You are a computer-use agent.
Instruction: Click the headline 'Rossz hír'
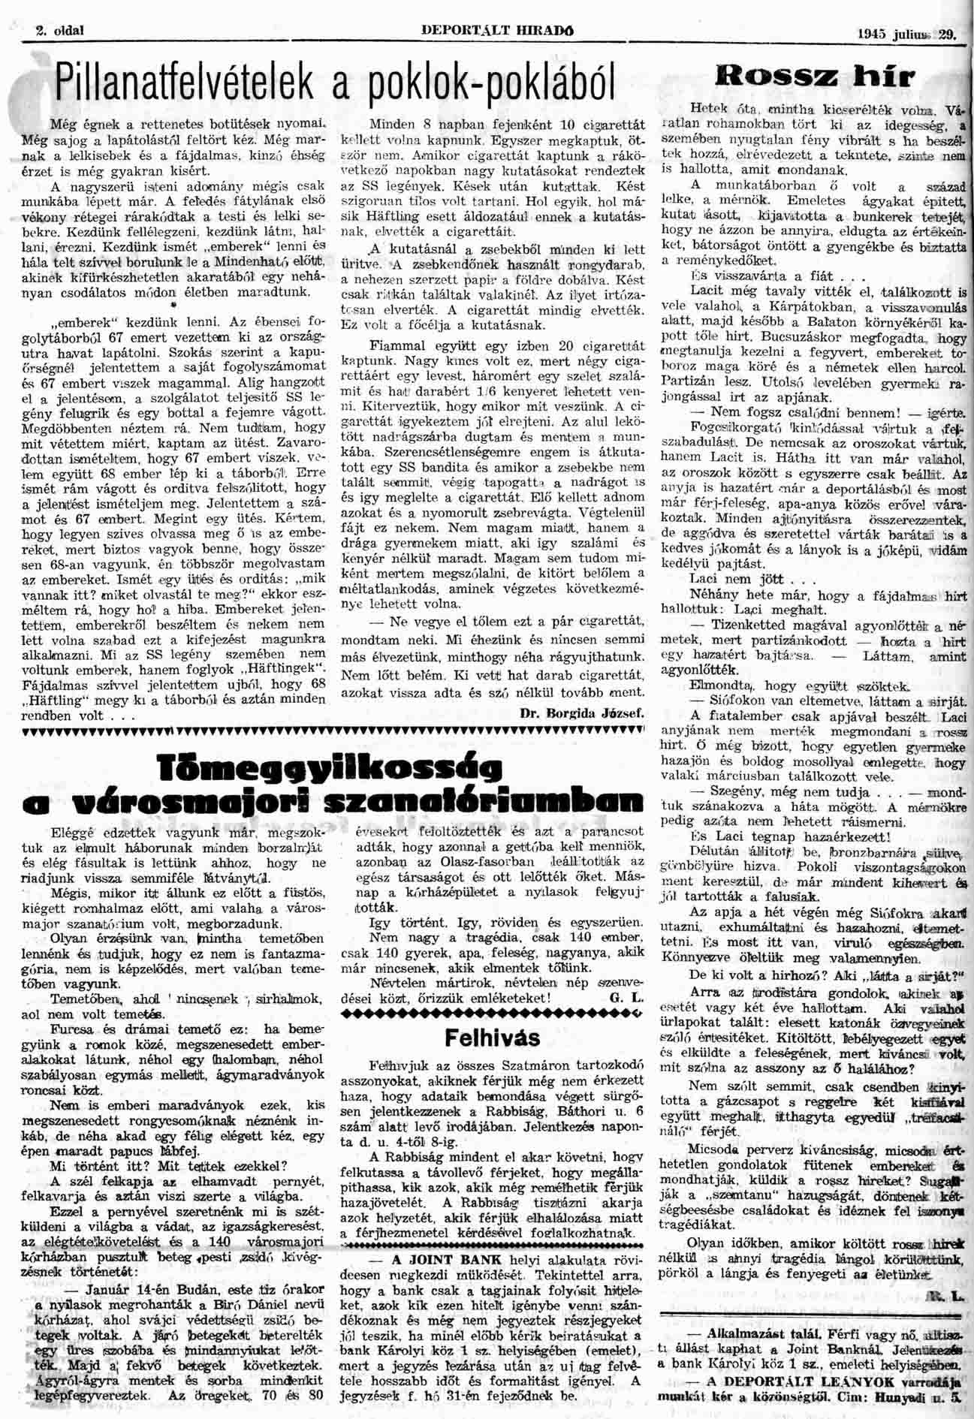coord(815,77)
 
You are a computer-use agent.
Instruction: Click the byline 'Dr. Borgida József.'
coord(582,714)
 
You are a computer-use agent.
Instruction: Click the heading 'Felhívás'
coord(492,1038)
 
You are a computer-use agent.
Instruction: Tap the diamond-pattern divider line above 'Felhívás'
coord(492,1012)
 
